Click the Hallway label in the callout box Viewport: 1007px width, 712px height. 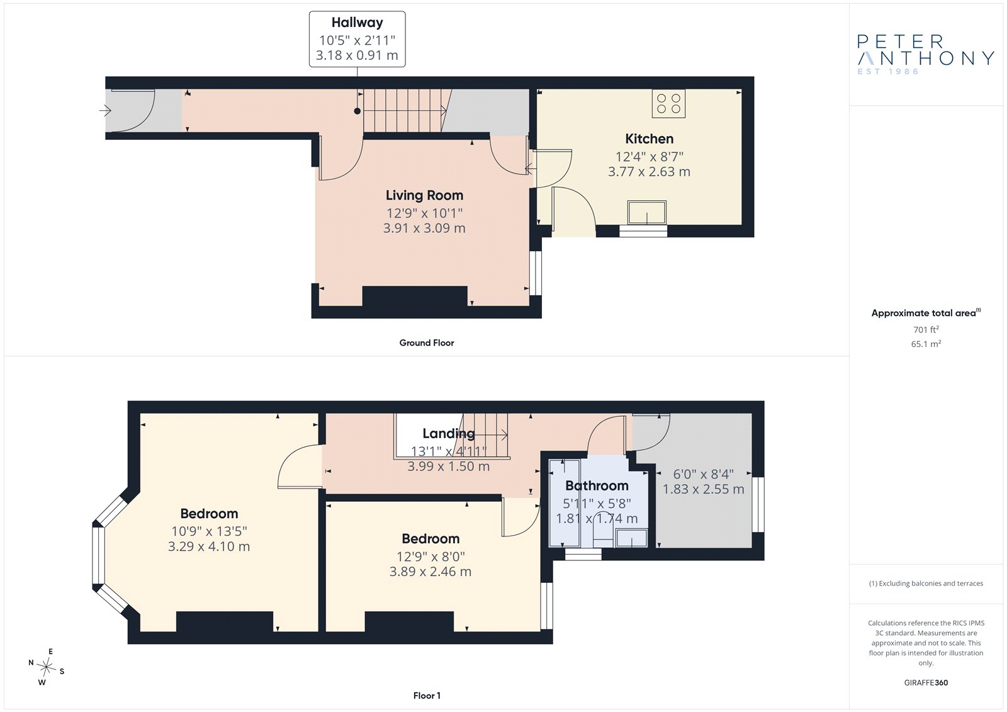click(357, 22)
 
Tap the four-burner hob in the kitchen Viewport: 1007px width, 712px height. click(668, 103)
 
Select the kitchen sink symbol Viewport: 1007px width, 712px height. click(647, 212)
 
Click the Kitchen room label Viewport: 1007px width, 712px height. click(649, 138)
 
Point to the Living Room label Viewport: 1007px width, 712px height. click(424, 195)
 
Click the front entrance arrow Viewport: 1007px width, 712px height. click(104, 110)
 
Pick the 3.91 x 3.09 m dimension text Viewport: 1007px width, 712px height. click(424, 228)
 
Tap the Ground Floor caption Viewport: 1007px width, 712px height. click(427, 342)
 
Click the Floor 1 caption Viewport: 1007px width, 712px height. click(427, 696)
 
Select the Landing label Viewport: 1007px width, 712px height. click(449, 433)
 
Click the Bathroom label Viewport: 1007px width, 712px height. click(597, 486)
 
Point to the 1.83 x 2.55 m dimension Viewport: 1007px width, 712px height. click(703, 489)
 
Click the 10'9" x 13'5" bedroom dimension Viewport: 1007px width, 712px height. click(209, 531)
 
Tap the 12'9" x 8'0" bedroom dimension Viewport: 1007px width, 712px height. click(430, 557)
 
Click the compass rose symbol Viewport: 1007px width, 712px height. click(47, 667)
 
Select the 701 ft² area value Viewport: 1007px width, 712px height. click(926, 329)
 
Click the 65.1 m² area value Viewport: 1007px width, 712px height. click(926, 344)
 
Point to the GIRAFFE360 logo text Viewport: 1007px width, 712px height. click(926, 682)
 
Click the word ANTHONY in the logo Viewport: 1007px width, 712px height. click(926, 58)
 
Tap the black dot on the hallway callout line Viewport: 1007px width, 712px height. click(357, 111)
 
